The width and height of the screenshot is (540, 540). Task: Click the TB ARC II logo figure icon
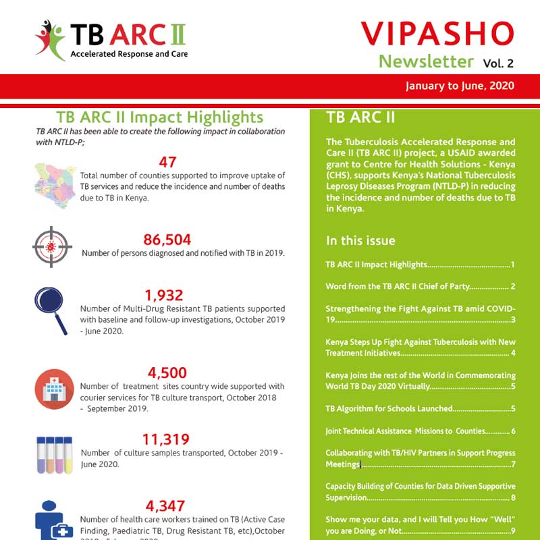[51, 39]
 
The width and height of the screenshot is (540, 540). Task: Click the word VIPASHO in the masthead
[437, 34]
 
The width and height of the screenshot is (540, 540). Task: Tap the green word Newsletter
[426, 61]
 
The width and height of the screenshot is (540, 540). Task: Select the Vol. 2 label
[498, 63]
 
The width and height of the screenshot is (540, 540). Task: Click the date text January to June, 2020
[460, 86]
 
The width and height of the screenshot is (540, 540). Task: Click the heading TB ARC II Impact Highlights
[160, 117]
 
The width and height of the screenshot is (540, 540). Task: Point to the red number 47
[168, 162]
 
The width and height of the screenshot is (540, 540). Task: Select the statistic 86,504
[167, 240]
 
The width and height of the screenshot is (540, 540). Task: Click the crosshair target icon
[52, 246]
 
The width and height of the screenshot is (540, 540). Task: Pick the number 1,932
[164, 295]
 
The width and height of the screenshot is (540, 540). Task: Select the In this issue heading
[360, 240]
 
